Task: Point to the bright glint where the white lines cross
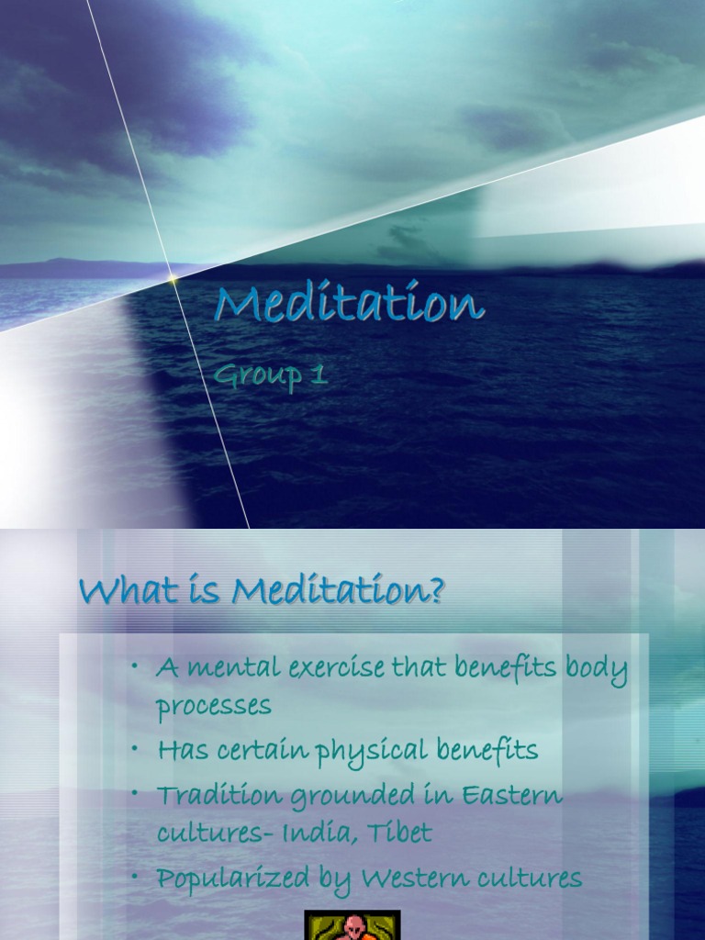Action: (x=172, y=276)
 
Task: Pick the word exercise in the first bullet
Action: (x=335, y=669)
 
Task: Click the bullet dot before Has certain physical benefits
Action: (x=135, y=750)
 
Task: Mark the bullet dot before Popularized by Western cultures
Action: (x=135, y=878)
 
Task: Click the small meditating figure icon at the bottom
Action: (x=352, y=925)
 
